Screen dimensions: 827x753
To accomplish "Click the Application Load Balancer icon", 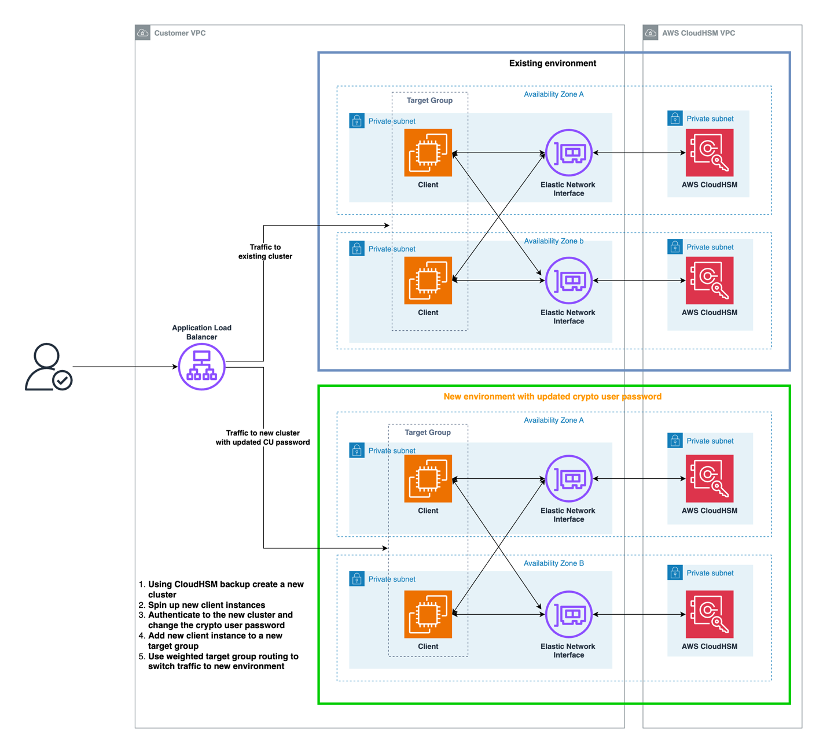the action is point(201,367).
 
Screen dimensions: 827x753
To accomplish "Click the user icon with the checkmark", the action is point(49,367).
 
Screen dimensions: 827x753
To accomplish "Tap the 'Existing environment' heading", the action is point(552,63).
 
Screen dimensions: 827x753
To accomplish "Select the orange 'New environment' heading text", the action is point(552,396).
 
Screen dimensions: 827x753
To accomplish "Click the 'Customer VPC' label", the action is point(180,33).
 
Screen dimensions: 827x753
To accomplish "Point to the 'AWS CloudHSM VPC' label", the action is point(698,33).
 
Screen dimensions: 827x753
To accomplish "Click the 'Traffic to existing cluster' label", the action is point(265,252).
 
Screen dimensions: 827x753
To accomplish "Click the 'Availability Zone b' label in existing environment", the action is point(553,241).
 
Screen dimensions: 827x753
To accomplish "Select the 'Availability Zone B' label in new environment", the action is point(553,563).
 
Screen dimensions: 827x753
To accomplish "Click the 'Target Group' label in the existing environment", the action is point(429,100).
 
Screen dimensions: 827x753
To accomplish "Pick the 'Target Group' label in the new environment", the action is point(427,432).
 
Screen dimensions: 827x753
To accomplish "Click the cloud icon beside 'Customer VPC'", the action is point(142,32).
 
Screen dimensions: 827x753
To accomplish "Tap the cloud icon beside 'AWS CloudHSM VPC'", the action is point(650,32).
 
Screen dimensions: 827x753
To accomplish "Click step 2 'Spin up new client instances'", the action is point(202,604).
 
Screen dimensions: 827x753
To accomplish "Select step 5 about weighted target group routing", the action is point(219,661).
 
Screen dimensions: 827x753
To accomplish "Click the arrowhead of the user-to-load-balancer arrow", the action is point(175,367).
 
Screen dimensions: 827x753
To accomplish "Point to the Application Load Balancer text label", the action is point(201,332).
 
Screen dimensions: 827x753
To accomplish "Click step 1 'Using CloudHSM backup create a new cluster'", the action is point(221,589).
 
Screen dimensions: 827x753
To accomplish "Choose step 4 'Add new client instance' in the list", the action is point(210,640).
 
